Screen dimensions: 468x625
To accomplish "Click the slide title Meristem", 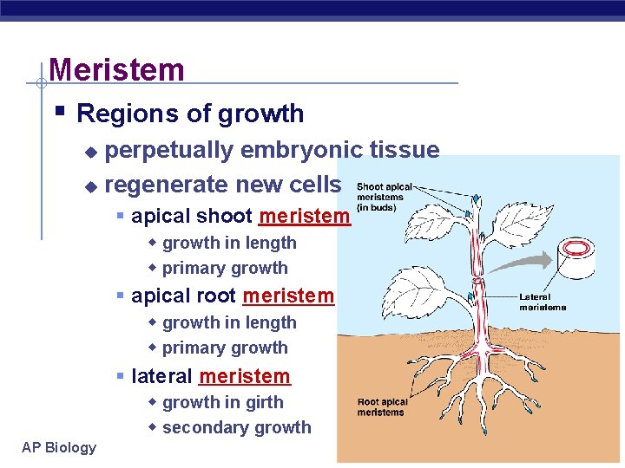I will coord(116,69).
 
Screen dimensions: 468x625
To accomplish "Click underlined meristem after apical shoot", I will coord(304,216).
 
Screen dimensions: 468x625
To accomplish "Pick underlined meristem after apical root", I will coord(288,296).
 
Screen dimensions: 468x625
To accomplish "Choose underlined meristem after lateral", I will coord(244,376).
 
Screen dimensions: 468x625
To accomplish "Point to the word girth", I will coord(264,402).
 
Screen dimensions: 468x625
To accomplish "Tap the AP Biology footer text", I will coord(59,447).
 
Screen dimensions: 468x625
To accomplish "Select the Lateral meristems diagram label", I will coord(543,302).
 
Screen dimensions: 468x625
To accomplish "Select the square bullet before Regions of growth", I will coord(59,112).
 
